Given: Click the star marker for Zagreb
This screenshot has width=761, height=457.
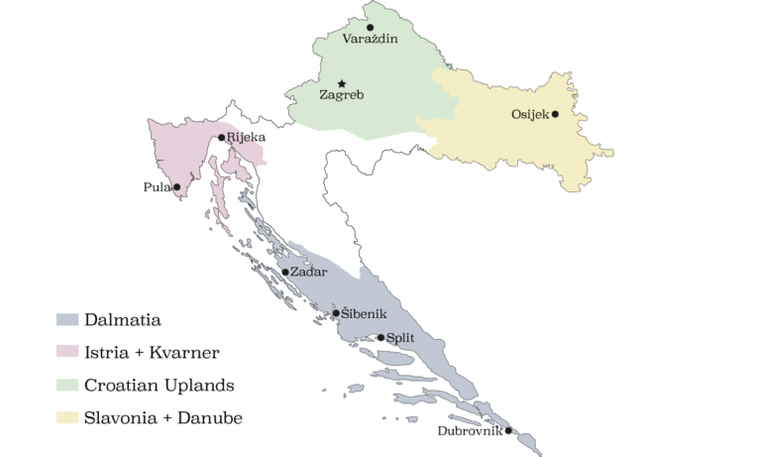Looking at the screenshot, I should [x=342, y=84].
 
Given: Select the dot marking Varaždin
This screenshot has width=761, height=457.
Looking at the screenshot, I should [x=371, y=27].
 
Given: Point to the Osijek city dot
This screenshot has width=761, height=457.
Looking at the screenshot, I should [x=555, y=113].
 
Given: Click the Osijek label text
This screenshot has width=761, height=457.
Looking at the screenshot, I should [x=529, y=114].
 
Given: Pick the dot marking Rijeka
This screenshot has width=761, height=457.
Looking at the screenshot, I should [x=222, y=137].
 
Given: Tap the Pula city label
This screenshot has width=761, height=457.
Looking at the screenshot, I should [x=157, y=186].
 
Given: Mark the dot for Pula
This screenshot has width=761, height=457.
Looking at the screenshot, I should [x=176, y=186].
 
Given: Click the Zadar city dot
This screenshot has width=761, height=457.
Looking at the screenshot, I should [x=285, y=272].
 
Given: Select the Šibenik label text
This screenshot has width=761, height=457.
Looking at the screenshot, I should [x=364, y=313].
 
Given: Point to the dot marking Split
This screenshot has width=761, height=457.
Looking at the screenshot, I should [x=380, y=338].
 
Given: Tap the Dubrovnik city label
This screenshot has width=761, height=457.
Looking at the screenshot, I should [x=470, y=430].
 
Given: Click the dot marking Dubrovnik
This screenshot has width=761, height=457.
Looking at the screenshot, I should [x=508, y=430].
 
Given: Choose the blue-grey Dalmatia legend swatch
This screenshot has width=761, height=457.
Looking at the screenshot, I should [x=66, y=319].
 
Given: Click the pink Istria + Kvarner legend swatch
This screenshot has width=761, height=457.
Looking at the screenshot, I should [x=66, y=352].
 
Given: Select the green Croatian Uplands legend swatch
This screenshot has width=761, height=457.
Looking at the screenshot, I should [x=66, y=385].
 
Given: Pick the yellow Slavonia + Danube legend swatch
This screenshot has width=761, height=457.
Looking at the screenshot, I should [x=66, y=417].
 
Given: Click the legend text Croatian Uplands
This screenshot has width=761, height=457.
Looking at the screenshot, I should [x=159, y=385].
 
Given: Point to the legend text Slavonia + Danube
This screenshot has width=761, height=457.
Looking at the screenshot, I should [x=163, y=417].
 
